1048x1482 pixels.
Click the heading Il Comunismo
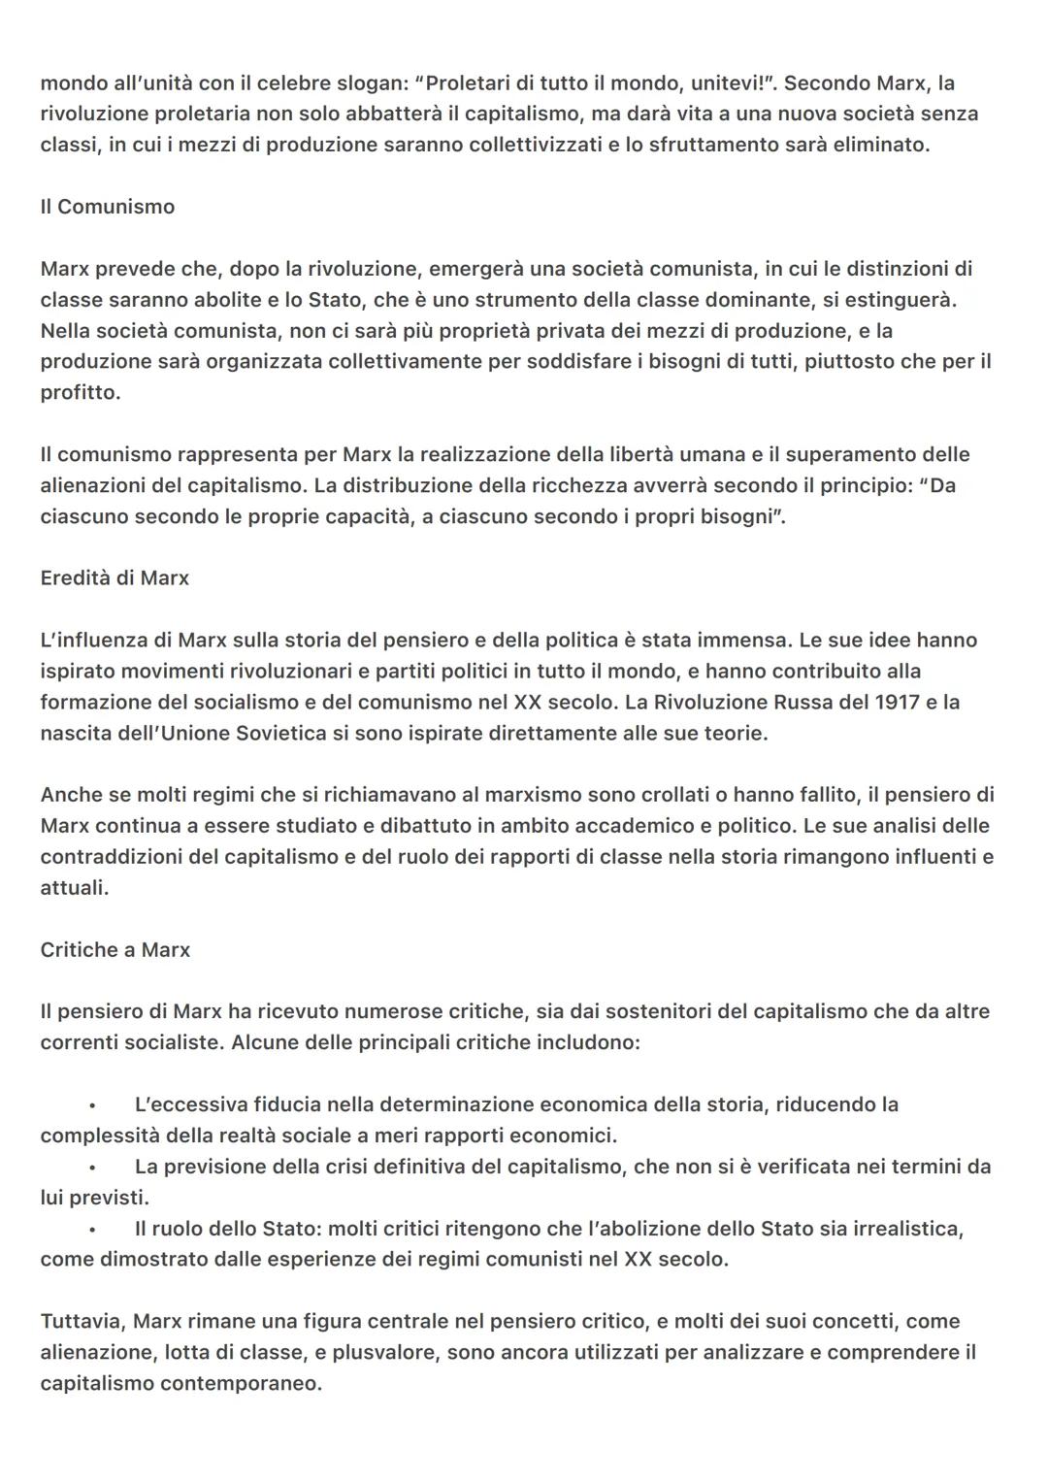tap(108, 207)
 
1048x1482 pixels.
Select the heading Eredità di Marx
tap(115, 578)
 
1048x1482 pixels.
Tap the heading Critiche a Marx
tap(115, 950)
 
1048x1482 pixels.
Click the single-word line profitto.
tap(81, 393)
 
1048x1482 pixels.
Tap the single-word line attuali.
tap(75, 888)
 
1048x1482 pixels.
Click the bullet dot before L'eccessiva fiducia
tap(93, 1105)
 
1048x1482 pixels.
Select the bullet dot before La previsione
tap(93, 1168)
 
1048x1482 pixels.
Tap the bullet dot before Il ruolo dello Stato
tap(93, 1230)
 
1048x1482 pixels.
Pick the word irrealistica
tap(907, 1229)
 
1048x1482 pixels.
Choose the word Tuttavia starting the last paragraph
tap(82, 1321)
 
